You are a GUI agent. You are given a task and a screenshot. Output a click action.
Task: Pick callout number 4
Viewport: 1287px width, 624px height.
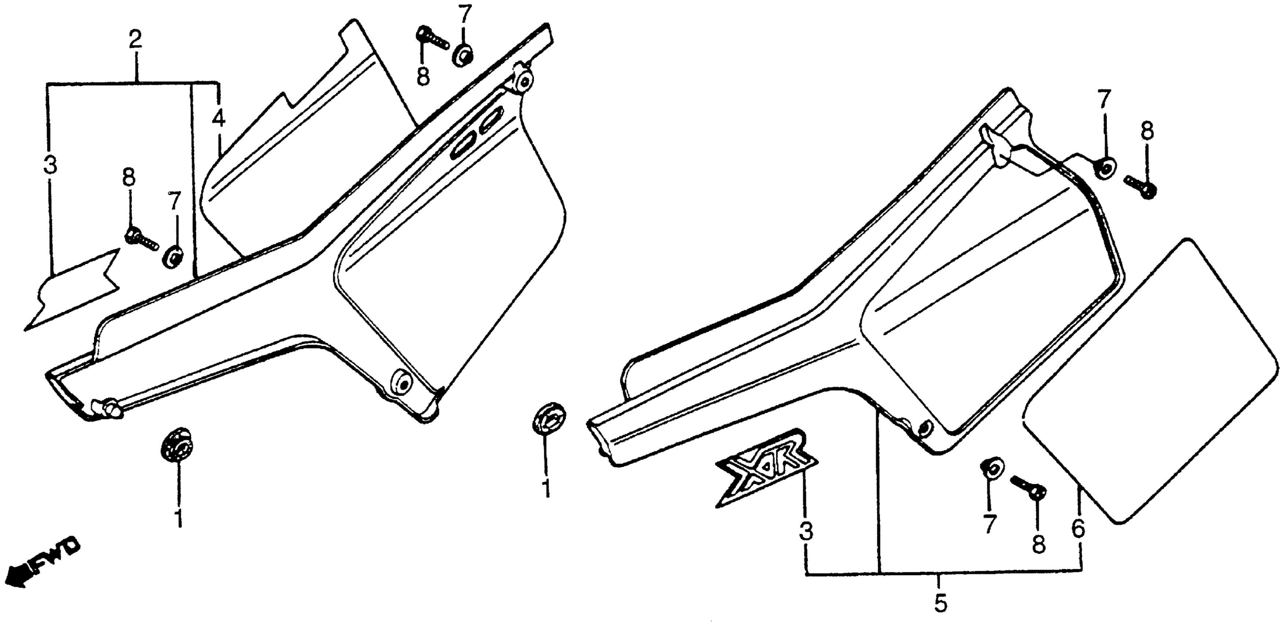(x=218, y=119)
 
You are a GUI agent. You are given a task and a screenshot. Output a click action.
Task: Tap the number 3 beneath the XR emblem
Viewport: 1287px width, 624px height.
(x=806, y=532)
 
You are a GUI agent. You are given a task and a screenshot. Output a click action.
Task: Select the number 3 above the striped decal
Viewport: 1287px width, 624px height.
(x=50, y=164)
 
